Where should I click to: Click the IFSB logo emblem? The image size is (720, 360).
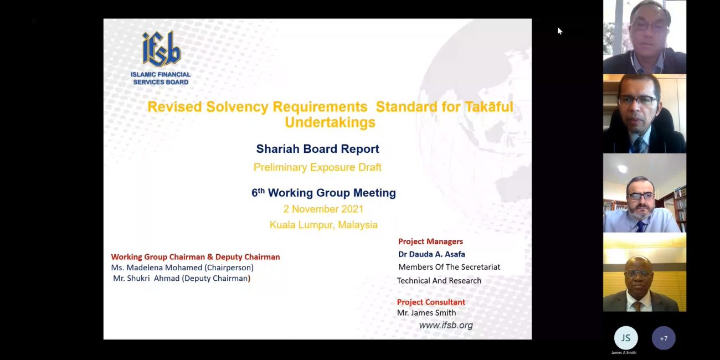(161, 49)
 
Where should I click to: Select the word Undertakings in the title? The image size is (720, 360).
(330, 122)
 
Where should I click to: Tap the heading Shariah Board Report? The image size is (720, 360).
(317, 149)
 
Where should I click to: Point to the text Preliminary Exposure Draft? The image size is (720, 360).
(317, 167)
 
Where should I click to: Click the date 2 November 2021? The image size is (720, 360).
(323, 209)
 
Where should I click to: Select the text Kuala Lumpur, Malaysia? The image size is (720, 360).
(323, 225)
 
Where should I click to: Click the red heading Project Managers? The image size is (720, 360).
(430, 241)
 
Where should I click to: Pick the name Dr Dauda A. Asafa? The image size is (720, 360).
(431, 254)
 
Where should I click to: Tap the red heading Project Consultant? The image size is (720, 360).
(431, 302)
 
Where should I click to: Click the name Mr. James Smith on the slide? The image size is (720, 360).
(426, 313)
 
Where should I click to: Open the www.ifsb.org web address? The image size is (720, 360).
(446, 325)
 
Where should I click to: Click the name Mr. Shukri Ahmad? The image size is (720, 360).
(146, 279)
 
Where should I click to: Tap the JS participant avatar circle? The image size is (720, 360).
(626, 338)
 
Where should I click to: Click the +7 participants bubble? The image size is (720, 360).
(664, 338)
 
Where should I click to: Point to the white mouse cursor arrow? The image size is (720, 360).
(560, 31)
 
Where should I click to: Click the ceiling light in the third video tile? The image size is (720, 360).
(623, 169)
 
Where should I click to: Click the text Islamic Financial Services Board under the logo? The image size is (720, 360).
(161, 79)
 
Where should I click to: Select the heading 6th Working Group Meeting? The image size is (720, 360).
(323, 193)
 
